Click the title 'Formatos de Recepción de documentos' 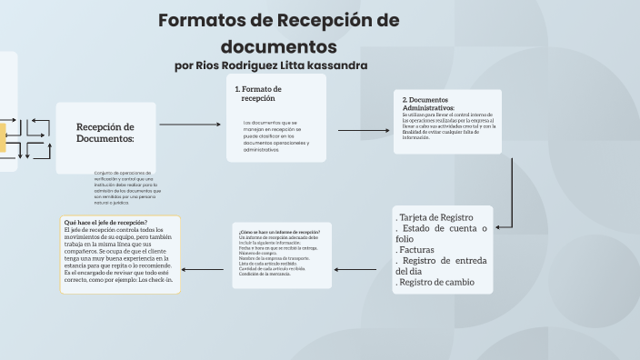278,33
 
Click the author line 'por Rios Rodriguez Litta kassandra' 271,66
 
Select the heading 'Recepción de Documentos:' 105,133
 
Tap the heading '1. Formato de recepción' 258,93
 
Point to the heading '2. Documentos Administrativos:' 428,103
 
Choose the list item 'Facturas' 418,249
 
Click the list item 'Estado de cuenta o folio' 442,234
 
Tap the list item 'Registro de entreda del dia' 442,265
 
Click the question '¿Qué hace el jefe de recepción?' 106,222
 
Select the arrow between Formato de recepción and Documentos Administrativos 364,130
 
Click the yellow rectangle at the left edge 3,135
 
